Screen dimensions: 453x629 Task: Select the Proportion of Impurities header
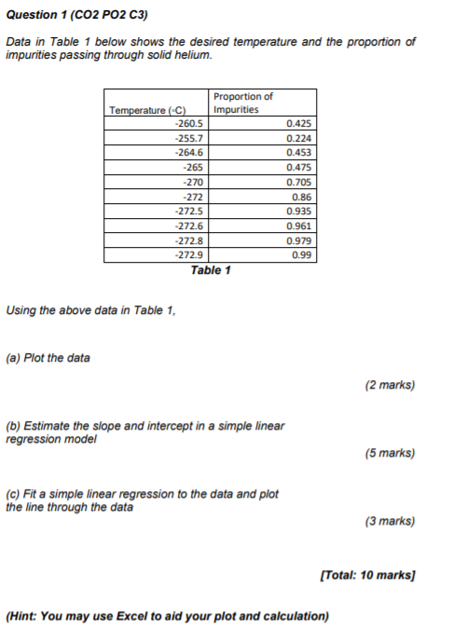243,103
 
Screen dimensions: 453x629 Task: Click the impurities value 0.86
301,197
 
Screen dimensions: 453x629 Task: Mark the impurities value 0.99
301,255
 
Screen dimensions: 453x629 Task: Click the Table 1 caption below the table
211,270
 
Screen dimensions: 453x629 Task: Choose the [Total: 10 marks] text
366,576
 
